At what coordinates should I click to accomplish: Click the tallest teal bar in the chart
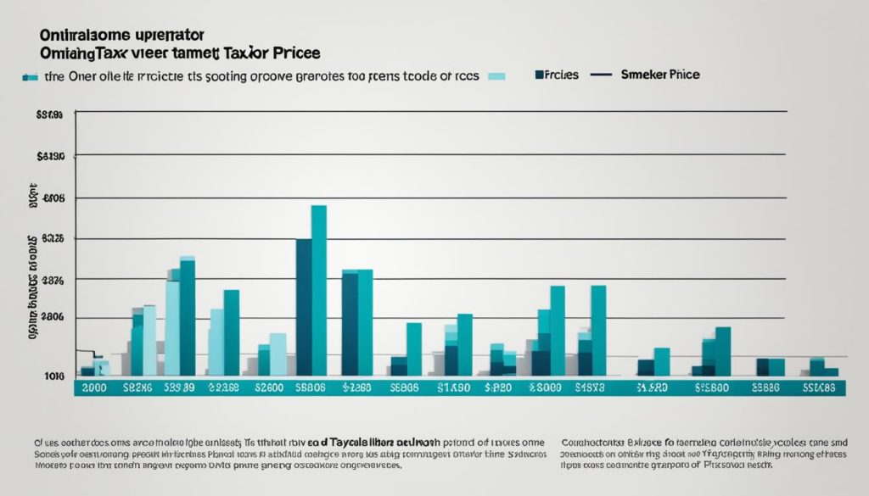(x=319, y=288)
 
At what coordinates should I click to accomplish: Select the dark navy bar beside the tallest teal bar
(x=303, y=305)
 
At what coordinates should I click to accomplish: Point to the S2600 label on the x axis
(x=268, y=387)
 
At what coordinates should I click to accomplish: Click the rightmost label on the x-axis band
(x=821, y=387)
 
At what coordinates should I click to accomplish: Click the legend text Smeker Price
(x=661, y=75)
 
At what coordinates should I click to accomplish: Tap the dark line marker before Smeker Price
(x=600, y=75)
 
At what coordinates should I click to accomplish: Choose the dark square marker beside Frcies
(x=540, y=75)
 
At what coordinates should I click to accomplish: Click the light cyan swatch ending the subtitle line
(x=496, y=76)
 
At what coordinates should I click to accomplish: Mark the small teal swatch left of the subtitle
(x=30, y=76)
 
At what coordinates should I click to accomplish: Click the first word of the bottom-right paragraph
(x=592, y=442)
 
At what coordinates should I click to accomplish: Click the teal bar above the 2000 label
(x=103, y=368)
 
